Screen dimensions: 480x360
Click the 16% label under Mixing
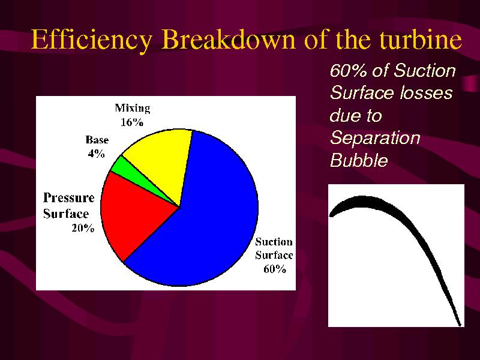(x=132, y=122)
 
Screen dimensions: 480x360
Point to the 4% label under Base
(x=97, y=154)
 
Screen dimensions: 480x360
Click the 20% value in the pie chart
(x=83, y=228)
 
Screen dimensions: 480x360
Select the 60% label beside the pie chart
(x=275, y=269)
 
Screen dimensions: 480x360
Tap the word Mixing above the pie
(x=133, y=109)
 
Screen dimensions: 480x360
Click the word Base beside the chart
(x=97, y=140)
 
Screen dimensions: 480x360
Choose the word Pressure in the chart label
(x=69, y=198)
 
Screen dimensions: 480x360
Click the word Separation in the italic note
(x=375, y=138)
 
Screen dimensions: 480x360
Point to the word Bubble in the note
(x=359, y=160)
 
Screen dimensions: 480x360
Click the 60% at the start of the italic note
(x=349, y=70)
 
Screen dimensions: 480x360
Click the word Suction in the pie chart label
(x=274, y=242)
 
